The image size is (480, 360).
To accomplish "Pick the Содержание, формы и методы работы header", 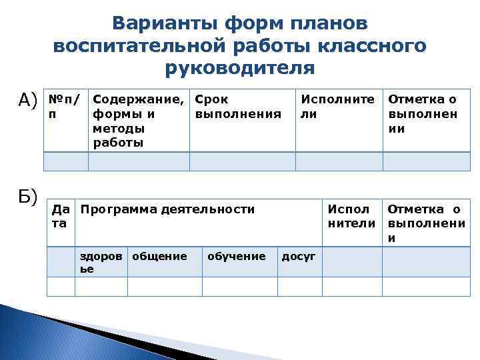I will [x=139, y=121].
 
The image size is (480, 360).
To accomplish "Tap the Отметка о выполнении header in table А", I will [x=423, y=114].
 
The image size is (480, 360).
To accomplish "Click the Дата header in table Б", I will [x=60, y=216].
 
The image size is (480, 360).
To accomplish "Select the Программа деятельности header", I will [x=167, y=209].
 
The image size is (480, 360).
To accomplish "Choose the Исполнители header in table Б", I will [x=351, y=216].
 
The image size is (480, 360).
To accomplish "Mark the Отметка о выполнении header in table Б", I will [x=425, y=223].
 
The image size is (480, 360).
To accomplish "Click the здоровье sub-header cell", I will [x=101, y=262].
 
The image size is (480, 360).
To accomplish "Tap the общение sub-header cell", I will [x=159, y=256].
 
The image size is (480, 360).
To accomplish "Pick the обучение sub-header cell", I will [x=237, y=256].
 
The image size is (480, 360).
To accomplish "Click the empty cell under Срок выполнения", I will [x=242, y=162].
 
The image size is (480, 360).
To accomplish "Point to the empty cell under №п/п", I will [x=65, y=162].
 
